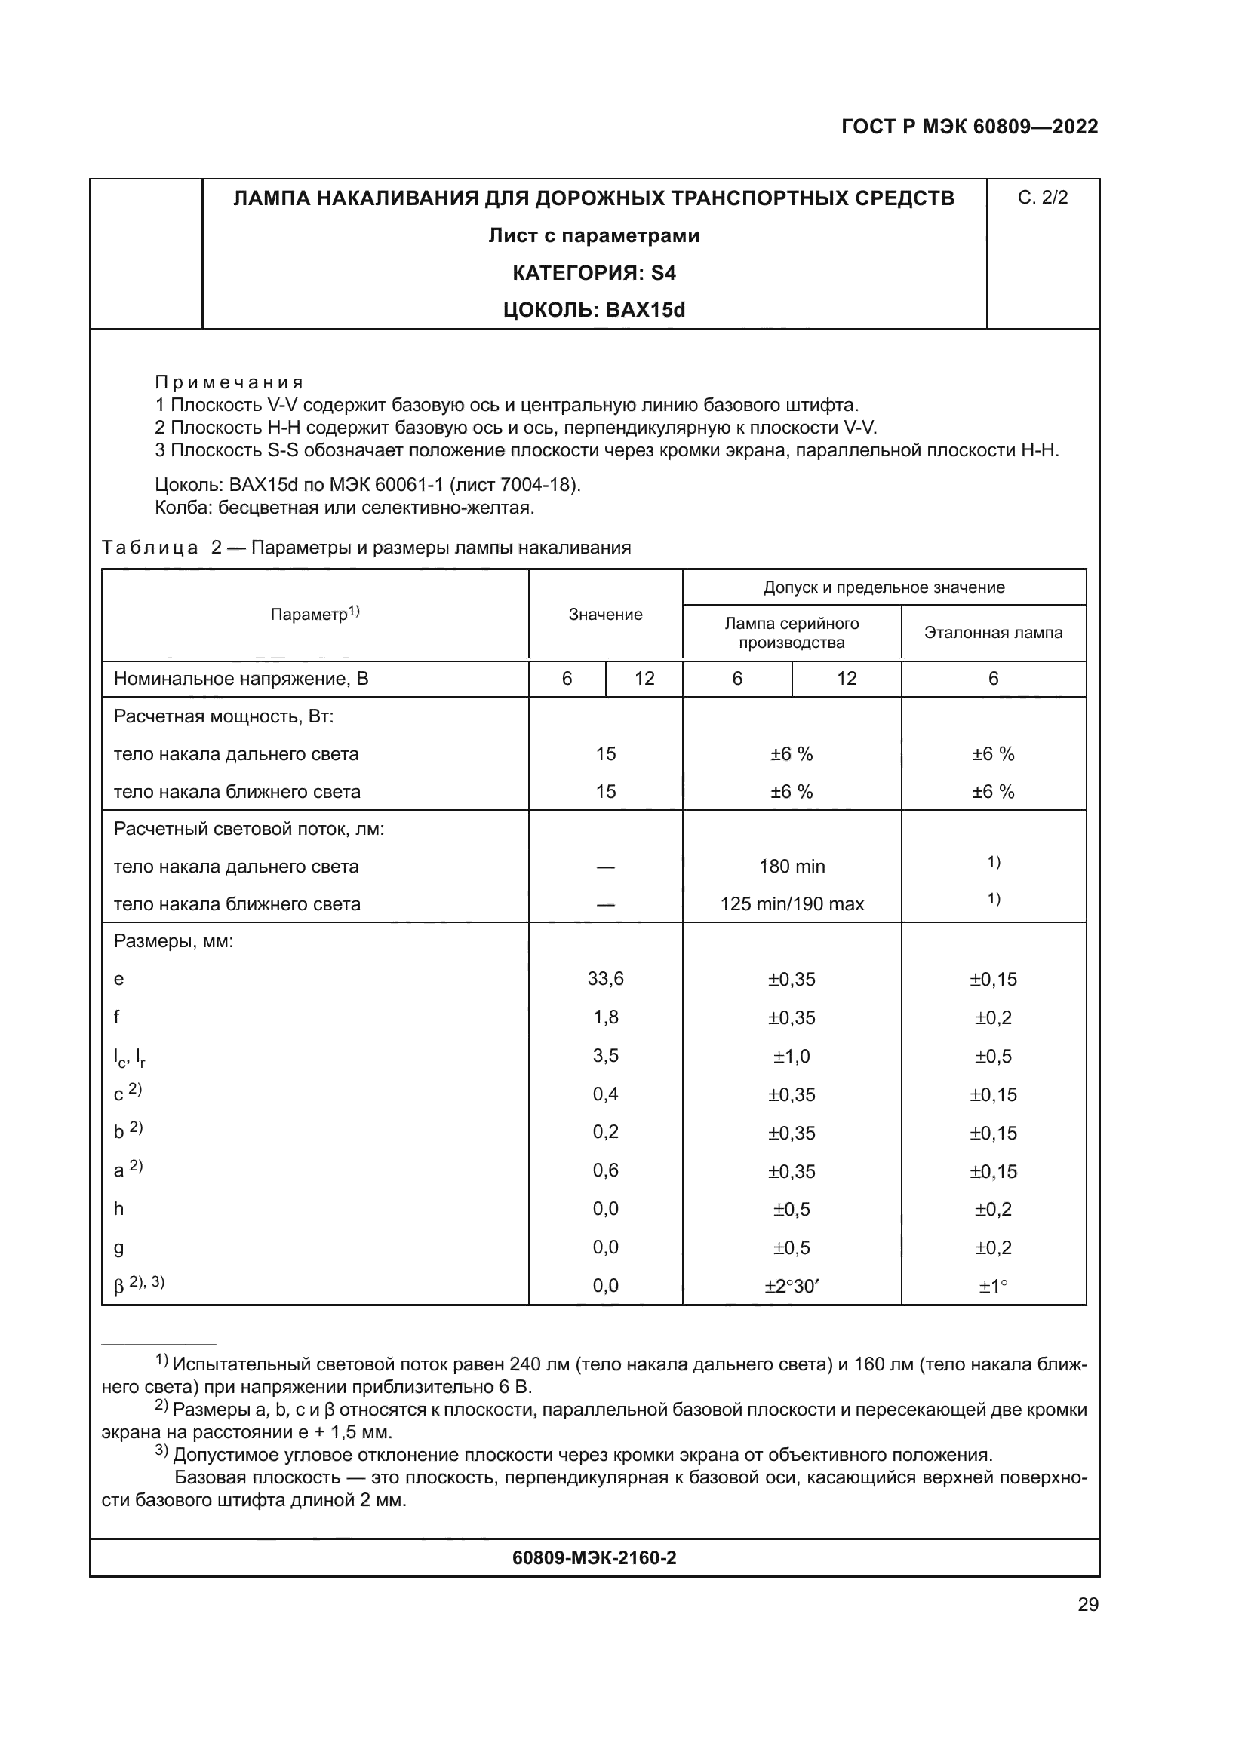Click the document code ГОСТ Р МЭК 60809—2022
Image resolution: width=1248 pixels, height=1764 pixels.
(969, 127)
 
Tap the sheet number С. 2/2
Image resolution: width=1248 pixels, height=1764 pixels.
(1042, 198)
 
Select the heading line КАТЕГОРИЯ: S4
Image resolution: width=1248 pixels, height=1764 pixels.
(593, 273)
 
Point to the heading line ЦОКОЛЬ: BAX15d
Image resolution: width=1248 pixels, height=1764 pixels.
(593, 310)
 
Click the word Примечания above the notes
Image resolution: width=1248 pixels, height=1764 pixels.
(229, 382)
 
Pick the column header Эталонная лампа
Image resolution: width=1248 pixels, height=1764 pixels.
(993, 632)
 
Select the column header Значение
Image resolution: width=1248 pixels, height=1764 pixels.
(605, 614)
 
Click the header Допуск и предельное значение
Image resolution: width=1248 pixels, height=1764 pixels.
(884, 587)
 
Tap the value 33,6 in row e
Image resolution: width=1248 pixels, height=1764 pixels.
(605, 978)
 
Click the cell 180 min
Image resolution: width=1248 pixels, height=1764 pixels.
(792, 866)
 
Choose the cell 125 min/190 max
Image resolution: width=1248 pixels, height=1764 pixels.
(792, 903)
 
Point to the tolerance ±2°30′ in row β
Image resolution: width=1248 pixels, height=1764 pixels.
(792, 1285)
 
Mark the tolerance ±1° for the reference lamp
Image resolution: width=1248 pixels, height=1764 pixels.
(993, 1285)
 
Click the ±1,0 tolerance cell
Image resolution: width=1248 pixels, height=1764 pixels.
(792, 1056)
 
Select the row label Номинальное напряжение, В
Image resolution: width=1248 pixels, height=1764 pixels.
(241, 679)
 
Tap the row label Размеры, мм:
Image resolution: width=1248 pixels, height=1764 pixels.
(173, 941)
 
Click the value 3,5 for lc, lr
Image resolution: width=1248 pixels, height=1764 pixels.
(605, 1055)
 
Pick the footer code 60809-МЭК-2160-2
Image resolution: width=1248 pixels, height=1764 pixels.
(593, 1557)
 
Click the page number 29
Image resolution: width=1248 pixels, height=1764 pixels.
(1087, 1604)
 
